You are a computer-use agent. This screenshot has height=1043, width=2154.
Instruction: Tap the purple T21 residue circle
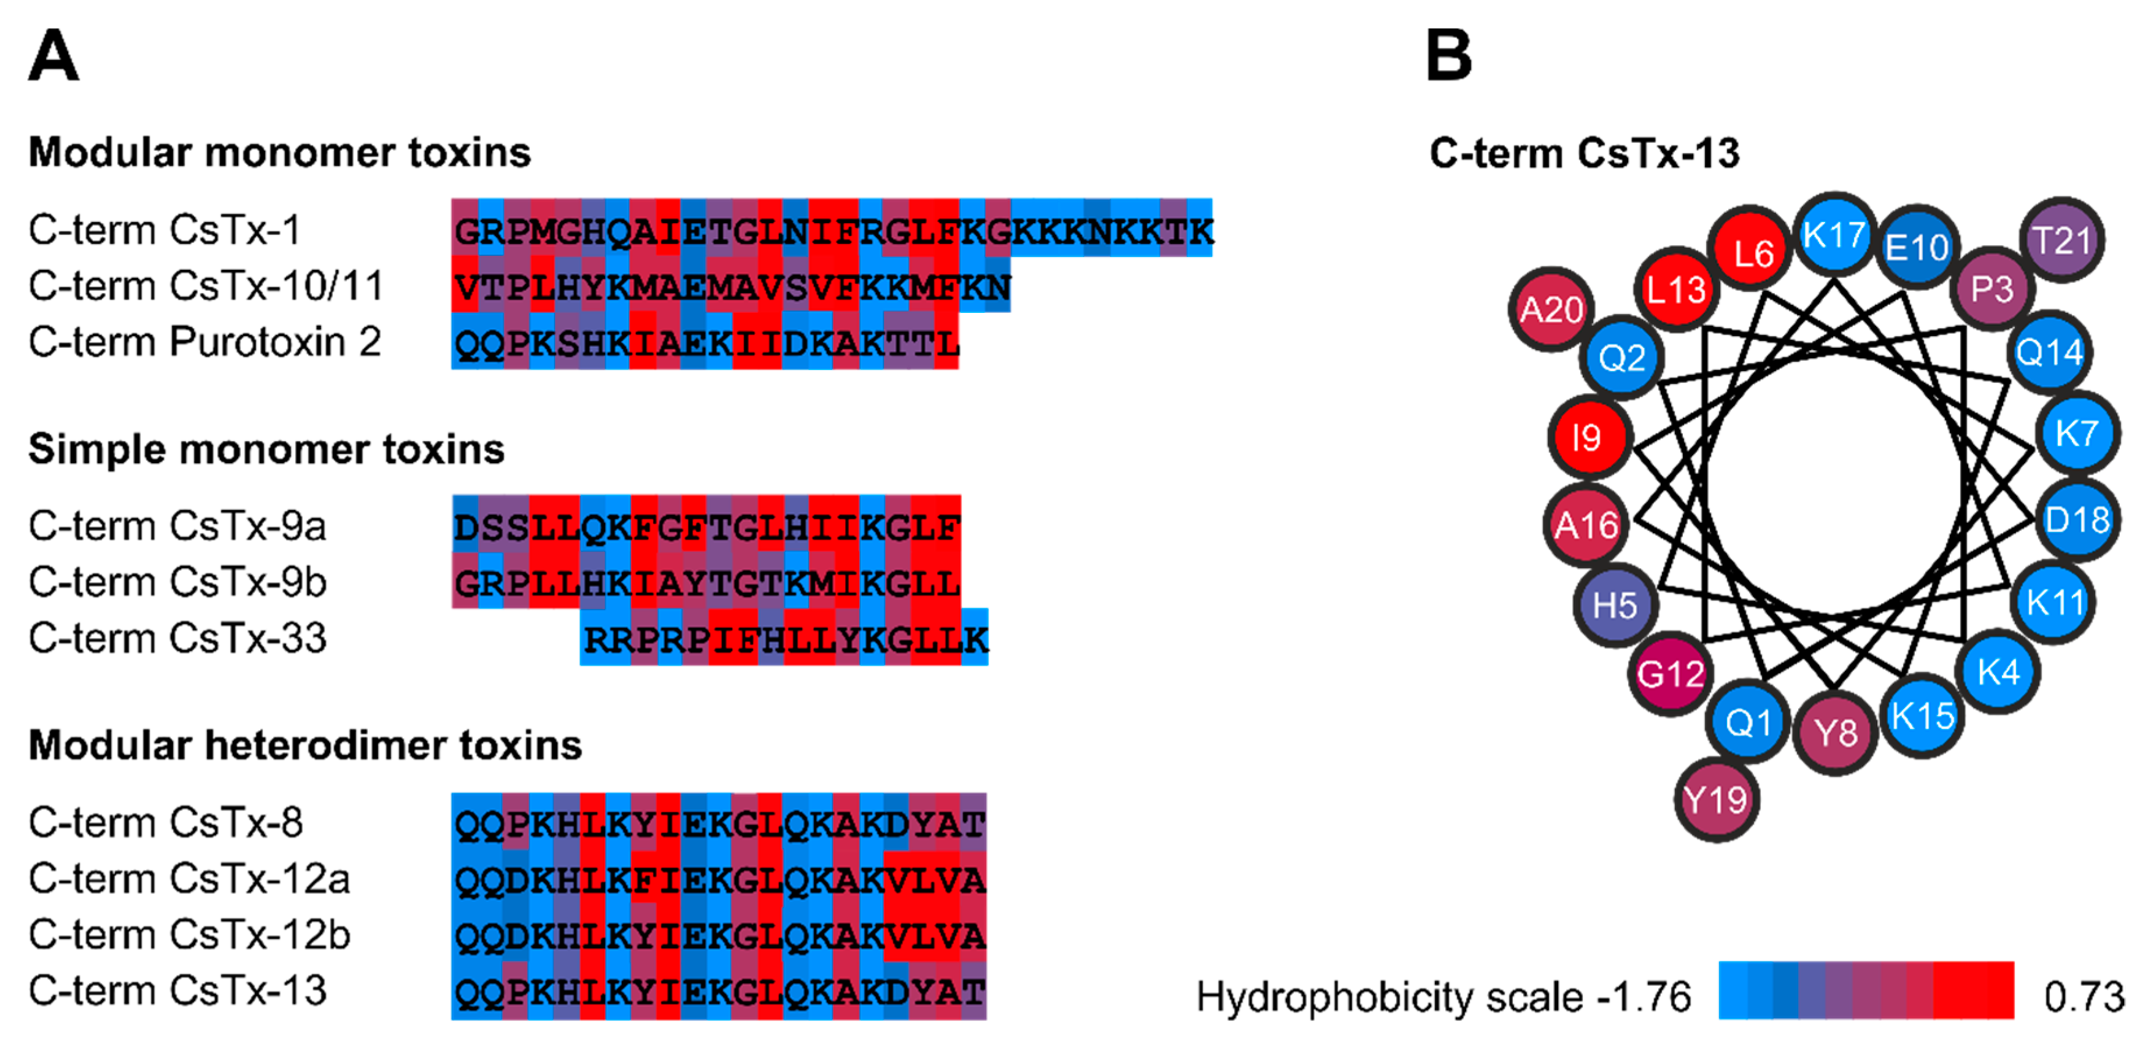tap(2061, 241)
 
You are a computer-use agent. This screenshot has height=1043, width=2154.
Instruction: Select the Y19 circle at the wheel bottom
tap(1716, 799)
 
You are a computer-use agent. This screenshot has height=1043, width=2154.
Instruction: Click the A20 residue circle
tap(1551, 309)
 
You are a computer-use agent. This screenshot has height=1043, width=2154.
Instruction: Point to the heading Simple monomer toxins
tap(266, 449)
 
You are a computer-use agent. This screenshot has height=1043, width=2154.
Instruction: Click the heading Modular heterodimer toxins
tap(305, 745)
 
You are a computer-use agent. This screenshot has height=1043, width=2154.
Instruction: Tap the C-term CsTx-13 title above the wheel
tap(1584, 153)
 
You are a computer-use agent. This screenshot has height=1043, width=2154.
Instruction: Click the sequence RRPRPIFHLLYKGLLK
tap(784, 640)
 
